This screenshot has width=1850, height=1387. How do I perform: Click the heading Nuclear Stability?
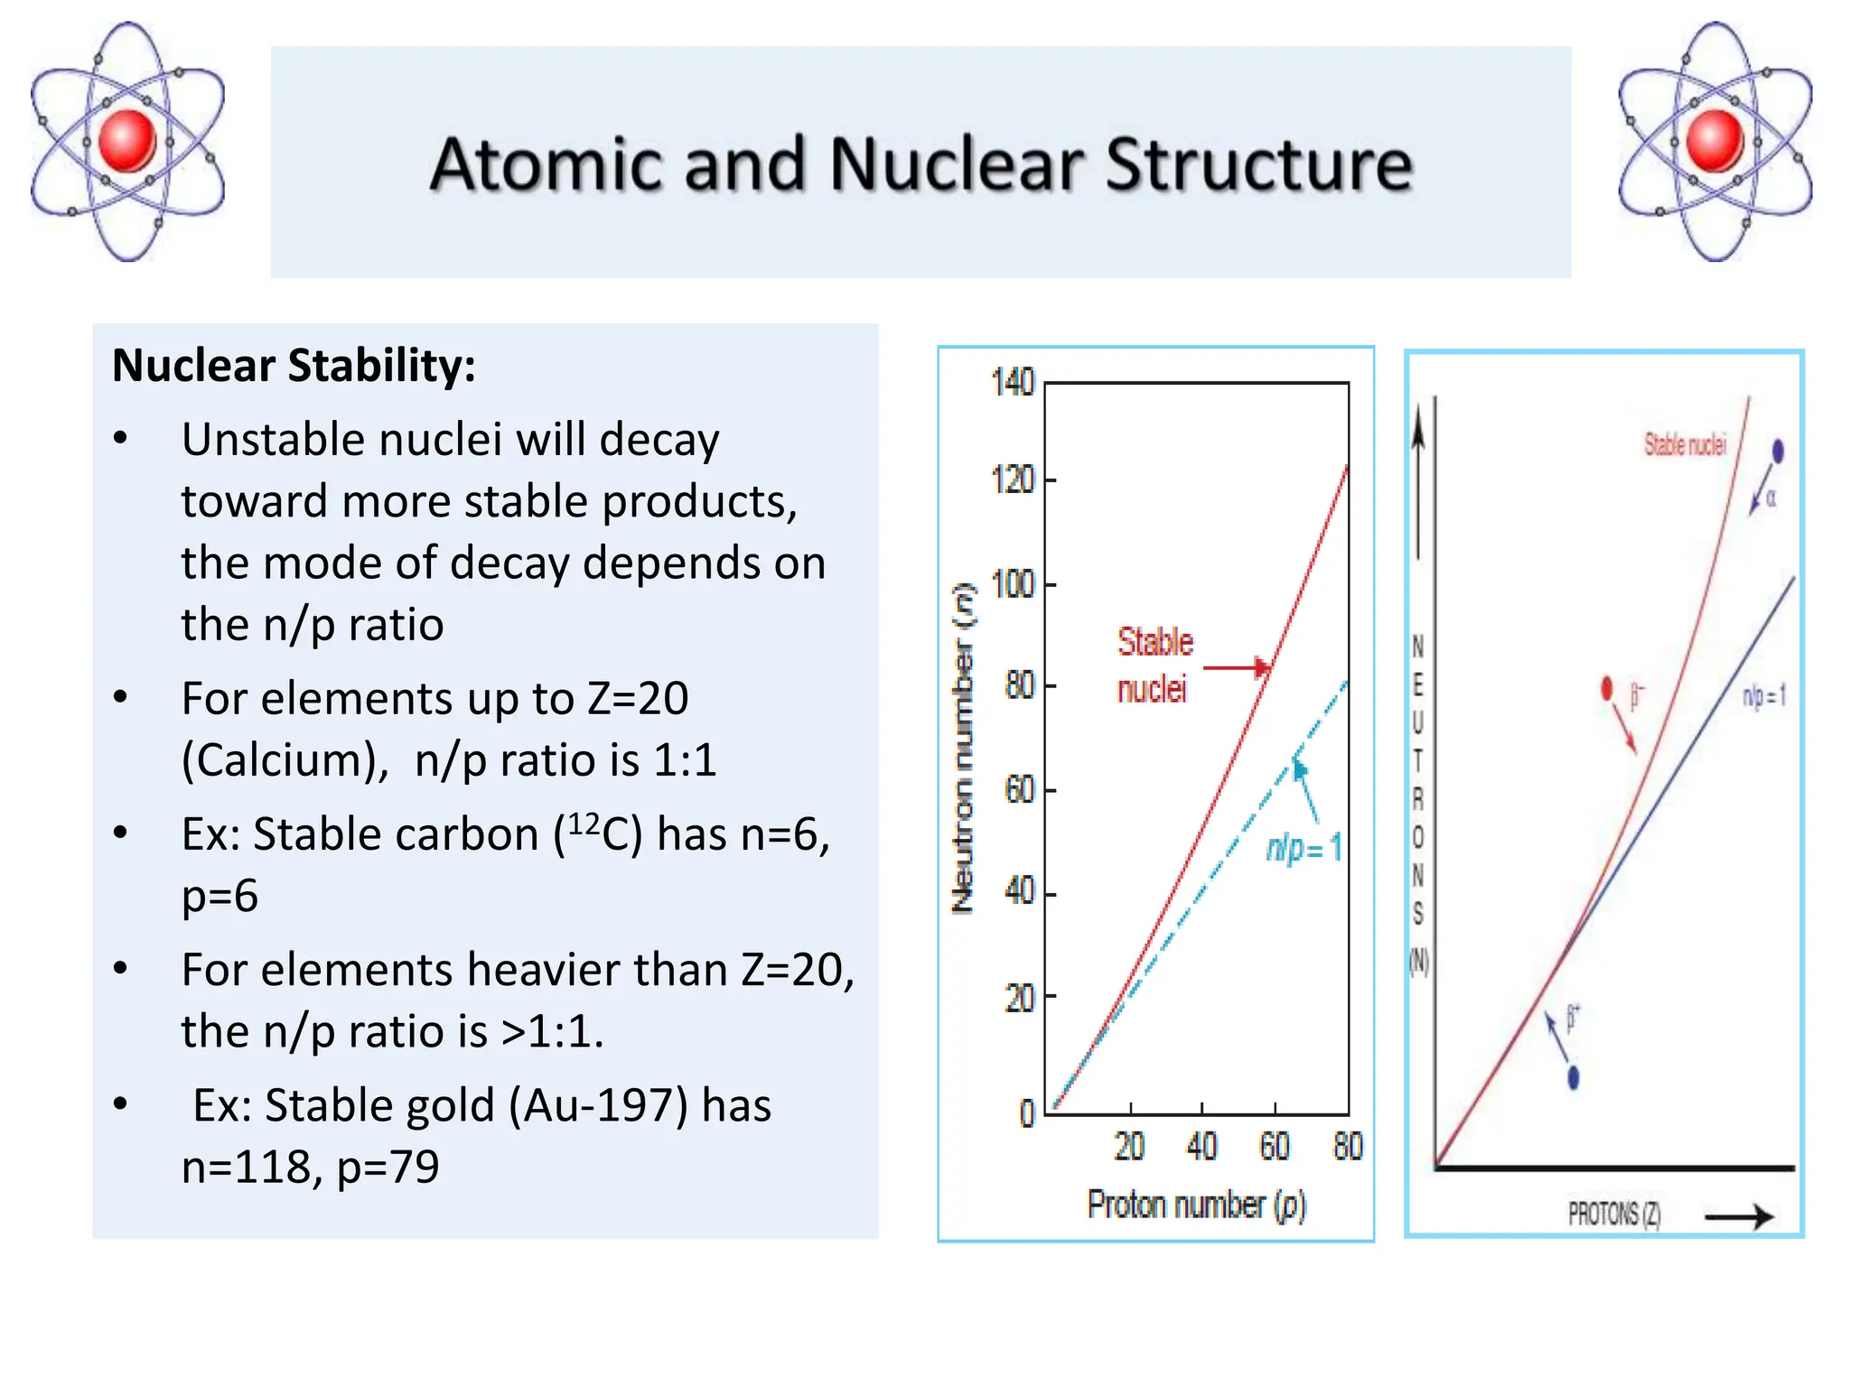pyautogui.click(x=294, y=366)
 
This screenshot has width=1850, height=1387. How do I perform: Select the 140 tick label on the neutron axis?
pyautogui.click(x=1013, y=383)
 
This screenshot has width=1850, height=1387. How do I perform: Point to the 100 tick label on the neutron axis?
pyautogui.click(x=1013, y=584)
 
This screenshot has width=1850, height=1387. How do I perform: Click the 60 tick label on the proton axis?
pyautogui.click(x=1275, y=1147)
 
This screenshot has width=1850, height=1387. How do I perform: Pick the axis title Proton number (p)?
pyautogui.click(x=1196, y=1205)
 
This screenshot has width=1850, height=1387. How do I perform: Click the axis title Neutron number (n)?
pyautogui.click(x=964, y=749)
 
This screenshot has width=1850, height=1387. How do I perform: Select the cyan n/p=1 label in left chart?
pyautogui.click(x=1303, y=848)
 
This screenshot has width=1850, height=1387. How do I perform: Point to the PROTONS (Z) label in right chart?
pyautogui.click(x=1613, y=1215)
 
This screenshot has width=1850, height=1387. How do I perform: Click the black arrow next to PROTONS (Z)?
pyautogui.click(x=1739, y=1216)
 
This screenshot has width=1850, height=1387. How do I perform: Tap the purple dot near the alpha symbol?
pyautogui.click(x=1778, y=451)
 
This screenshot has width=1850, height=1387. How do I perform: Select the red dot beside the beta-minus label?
pyautogui.click(x=1606, y=689)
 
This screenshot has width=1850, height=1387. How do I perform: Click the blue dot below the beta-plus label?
pyautogui.click(x=1574, y=1077)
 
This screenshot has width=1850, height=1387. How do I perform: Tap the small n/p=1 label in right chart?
pyautogui.click(x=1763, y=696)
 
